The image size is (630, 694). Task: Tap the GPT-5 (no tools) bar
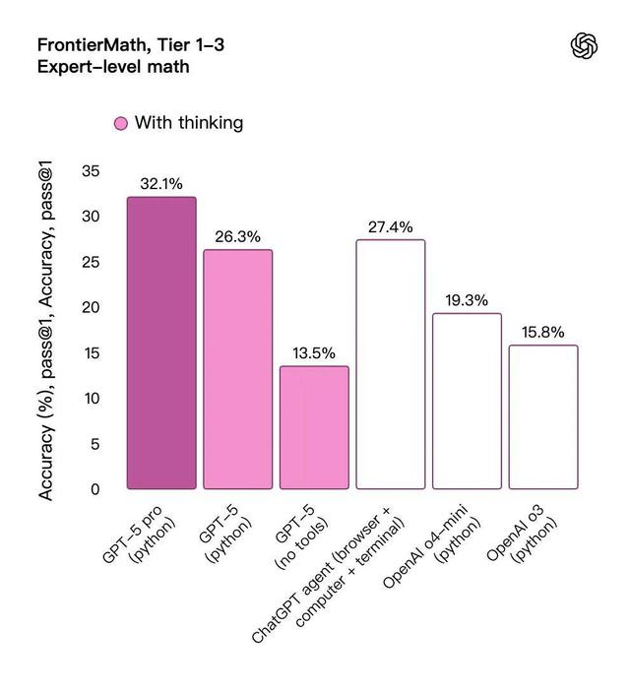pyautogui.click(x=314, y=427)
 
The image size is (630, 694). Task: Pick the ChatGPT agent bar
pyautogui.click(x=391, y=364)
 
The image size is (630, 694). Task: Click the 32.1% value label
pyautogui.click(x=161, y=184)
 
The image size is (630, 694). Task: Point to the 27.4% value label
pyautogui.click(x=391, y=226)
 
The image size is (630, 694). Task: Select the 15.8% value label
pyautogui.click(x=543, y=333)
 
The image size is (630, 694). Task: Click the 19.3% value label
pyautogui.click(x=467, y=300)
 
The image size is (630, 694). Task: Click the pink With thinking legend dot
pyautogui.click(x=120, y=123)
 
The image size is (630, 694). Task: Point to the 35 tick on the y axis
pyautogui.click(x=91, y=171)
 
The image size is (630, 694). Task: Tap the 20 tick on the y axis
pyautogui.click(x=91, y=307)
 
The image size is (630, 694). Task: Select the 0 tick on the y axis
pyautogui.click(x=95, y=489)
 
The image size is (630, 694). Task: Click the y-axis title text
pyautogui.click(x=46, y=332)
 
